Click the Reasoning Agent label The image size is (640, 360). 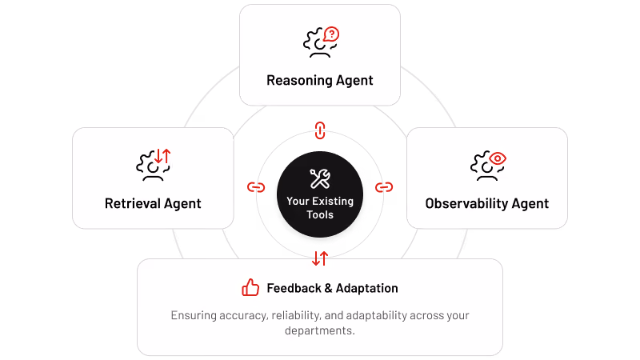pyautogui.click(x=319, y=81)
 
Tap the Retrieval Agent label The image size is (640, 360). pyautogui.click(x=153, y=204)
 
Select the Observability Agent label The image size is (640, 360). pyautogui.click(x=487, y=204)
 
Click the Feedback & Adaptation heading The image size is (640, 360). pyautogui.click(x=332, y=288)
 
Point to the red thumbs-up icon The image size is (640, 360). pyautogui.click(x=250, y=287)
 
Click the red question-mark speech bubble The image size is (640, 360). pyautogui.click(x=331, y=34)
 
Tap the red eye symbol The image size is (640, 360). pyautogui.click(x=498, y=158)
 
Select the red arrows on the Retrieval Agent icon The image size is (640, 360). pyautogui.click(x=162, y=156)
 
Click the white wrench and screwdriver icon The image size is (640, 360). pyautogui.click(x=320, y=178)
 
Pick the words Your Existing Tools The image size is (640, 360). pyautogui.click(x=320, y=208)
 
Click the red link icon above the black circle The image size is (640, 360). pyautogui.click(x=320, y=130)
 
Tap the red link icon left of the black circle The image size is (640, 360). pyautogui.click(x=256, y=187)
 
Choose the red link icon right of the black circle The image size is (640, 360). pyautogui.click(x=384, y=187)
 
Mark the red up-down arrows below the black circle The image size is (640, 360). pyautogui.click(x=320, y=258)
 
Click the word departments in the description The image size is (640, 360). pyautogui.click(x=319, y=330)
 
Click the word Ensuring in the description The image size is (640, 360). pyautogui.click(x=194, y=315)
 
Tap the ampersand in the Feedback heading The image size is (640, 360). pyautogui.click(x=328, y=288)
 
